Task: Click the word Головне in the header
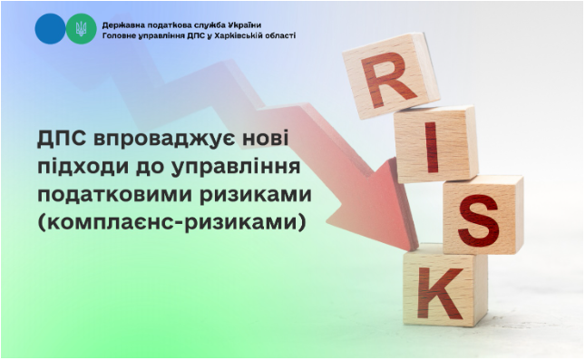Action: pyautogui.click(x=119, y=35)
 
